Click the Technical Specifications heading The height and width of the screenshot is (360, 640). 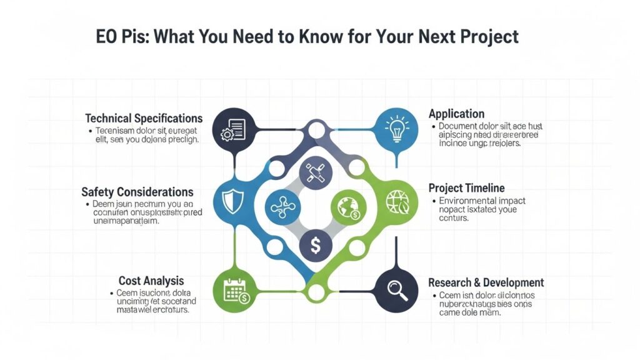[144, 118]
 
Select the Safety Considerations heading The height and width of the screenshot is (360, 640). [137, 192]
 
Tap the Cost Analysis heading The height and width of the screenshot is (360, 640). [151, 281]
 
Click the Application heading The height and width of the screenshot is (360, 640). [456, 114]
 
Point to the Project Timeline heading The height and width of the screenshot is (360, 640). [466, 188]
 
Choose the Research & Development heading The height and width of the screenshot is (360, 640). [486, 282]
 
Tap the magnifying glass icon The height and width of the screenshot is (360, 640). [395, 288]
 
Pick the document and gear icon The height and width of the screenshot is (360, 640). [232, 130]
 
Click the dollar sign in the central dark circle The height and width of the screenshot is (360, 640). [316, 246]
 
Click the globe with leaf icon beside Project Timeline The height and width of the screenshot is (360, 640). [397, 201]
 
